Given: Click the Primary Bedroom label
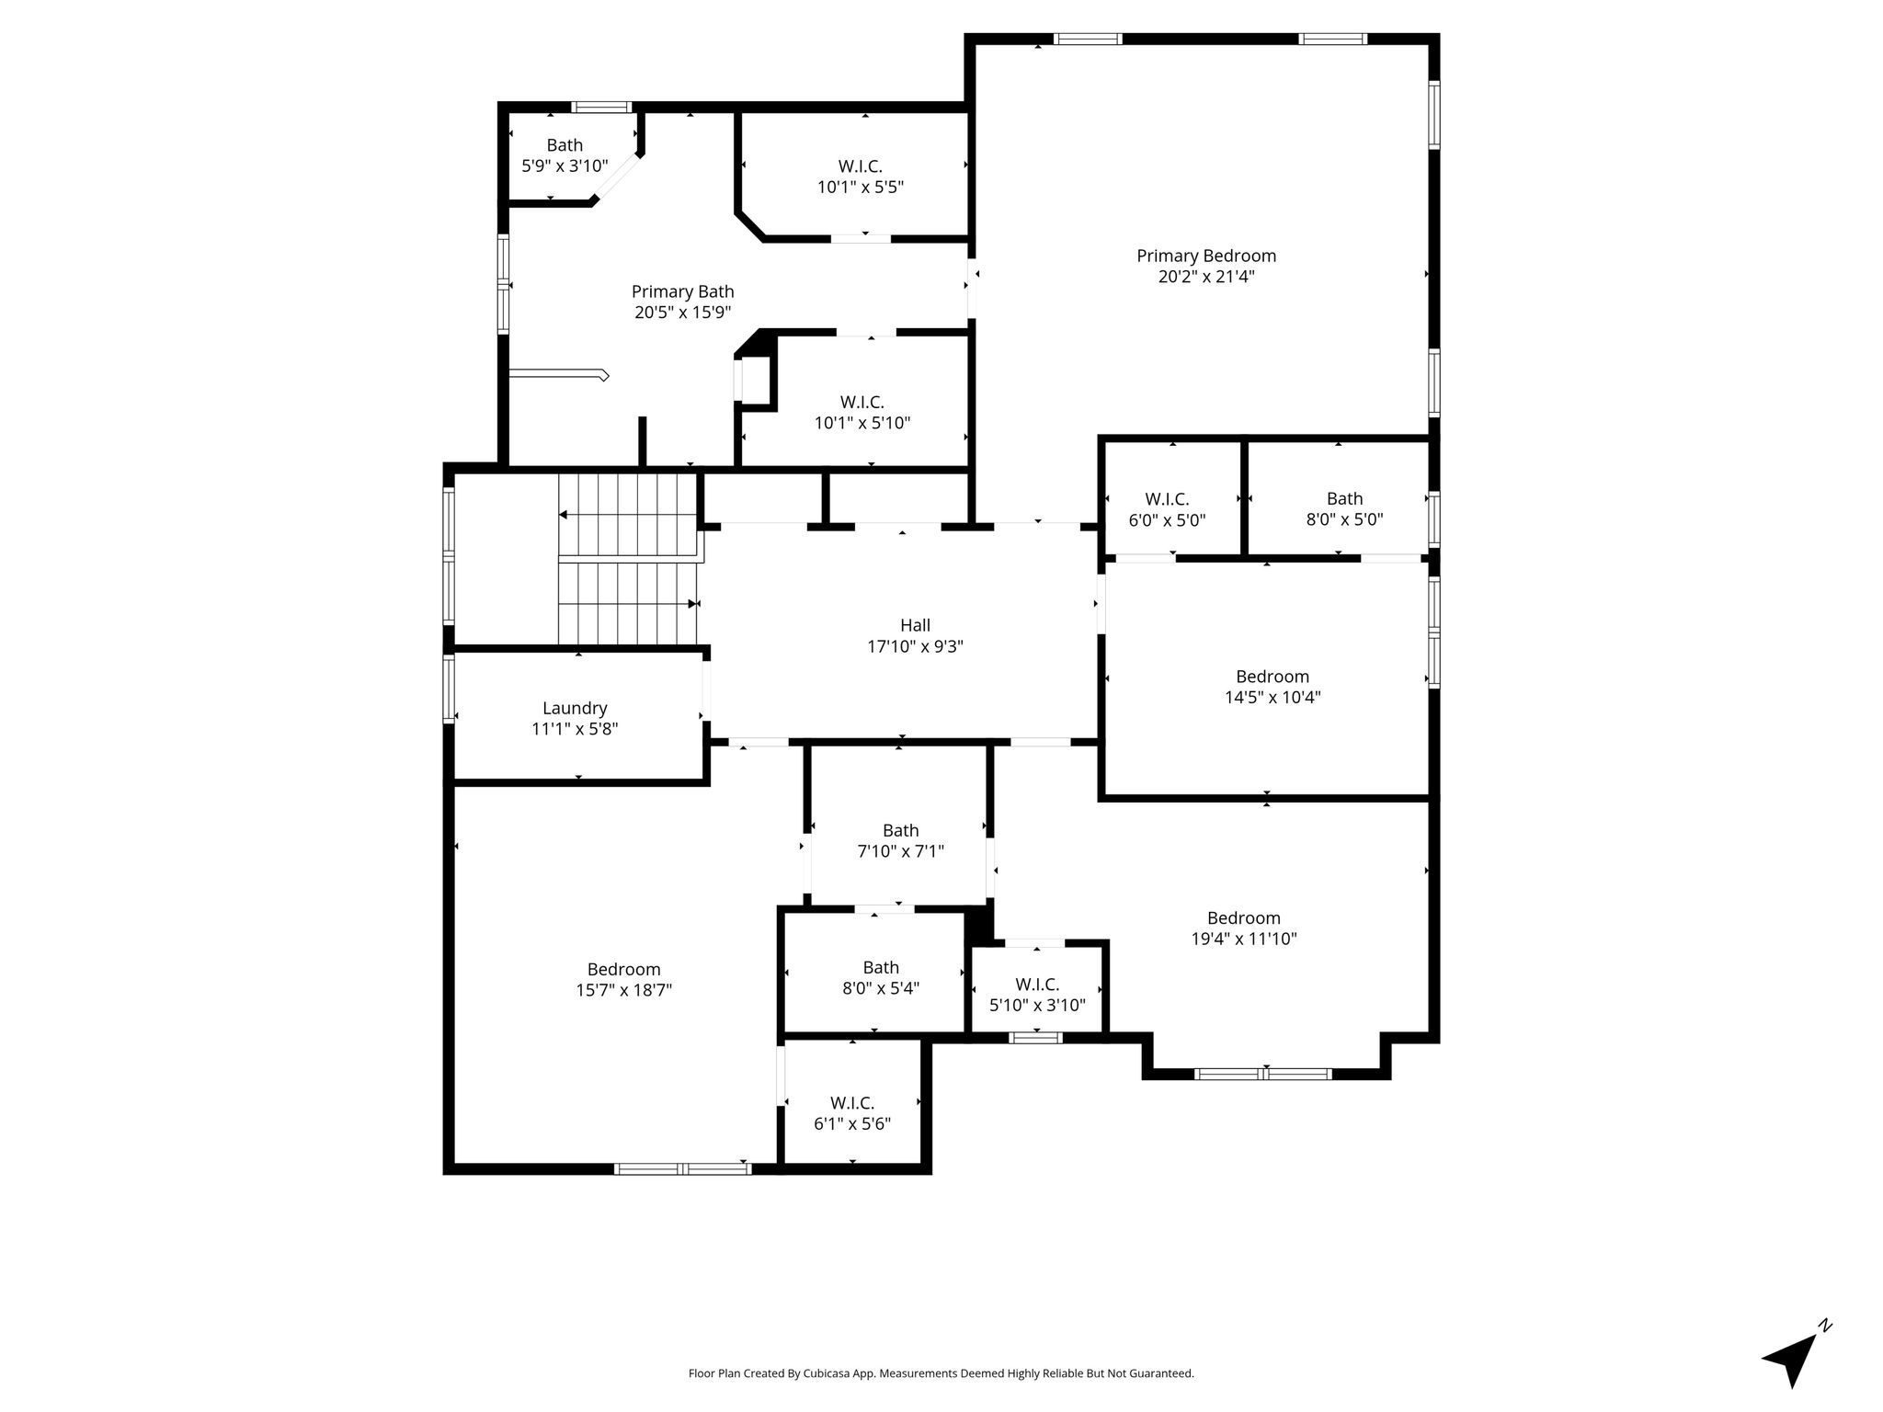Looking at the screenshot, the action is coord(1206,256).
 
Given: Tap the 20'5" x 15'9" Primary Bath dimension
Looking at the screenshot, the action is coord(682,313).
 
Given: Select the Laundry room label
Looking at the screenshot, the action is coord(575,708).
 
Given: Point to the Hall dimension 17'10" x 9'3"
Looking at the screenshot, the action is coord(915,646).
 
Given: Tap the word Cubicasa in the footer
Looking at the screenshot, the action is coord(826,1373).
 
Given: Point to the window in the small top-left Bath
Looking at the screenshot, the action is coord(602,107).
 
